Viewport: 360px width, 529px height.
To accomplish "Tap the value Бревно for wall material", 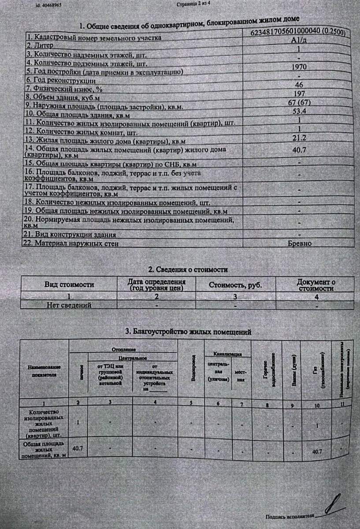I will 300,243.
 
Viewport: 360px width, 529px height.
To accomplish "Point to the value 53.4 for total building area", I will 299,111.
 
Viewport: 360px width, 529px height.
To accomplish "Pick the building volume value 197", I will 299,93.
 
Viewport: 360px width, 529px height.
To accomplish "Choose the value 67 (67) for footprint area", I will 299,102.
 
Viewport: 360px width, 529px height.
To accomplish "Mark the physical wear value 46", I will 299,85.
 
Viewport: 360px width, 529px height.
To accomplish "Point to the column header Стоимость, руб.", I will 235,285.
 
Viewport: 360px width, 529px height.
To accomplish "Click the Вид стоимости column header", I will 69,285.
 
